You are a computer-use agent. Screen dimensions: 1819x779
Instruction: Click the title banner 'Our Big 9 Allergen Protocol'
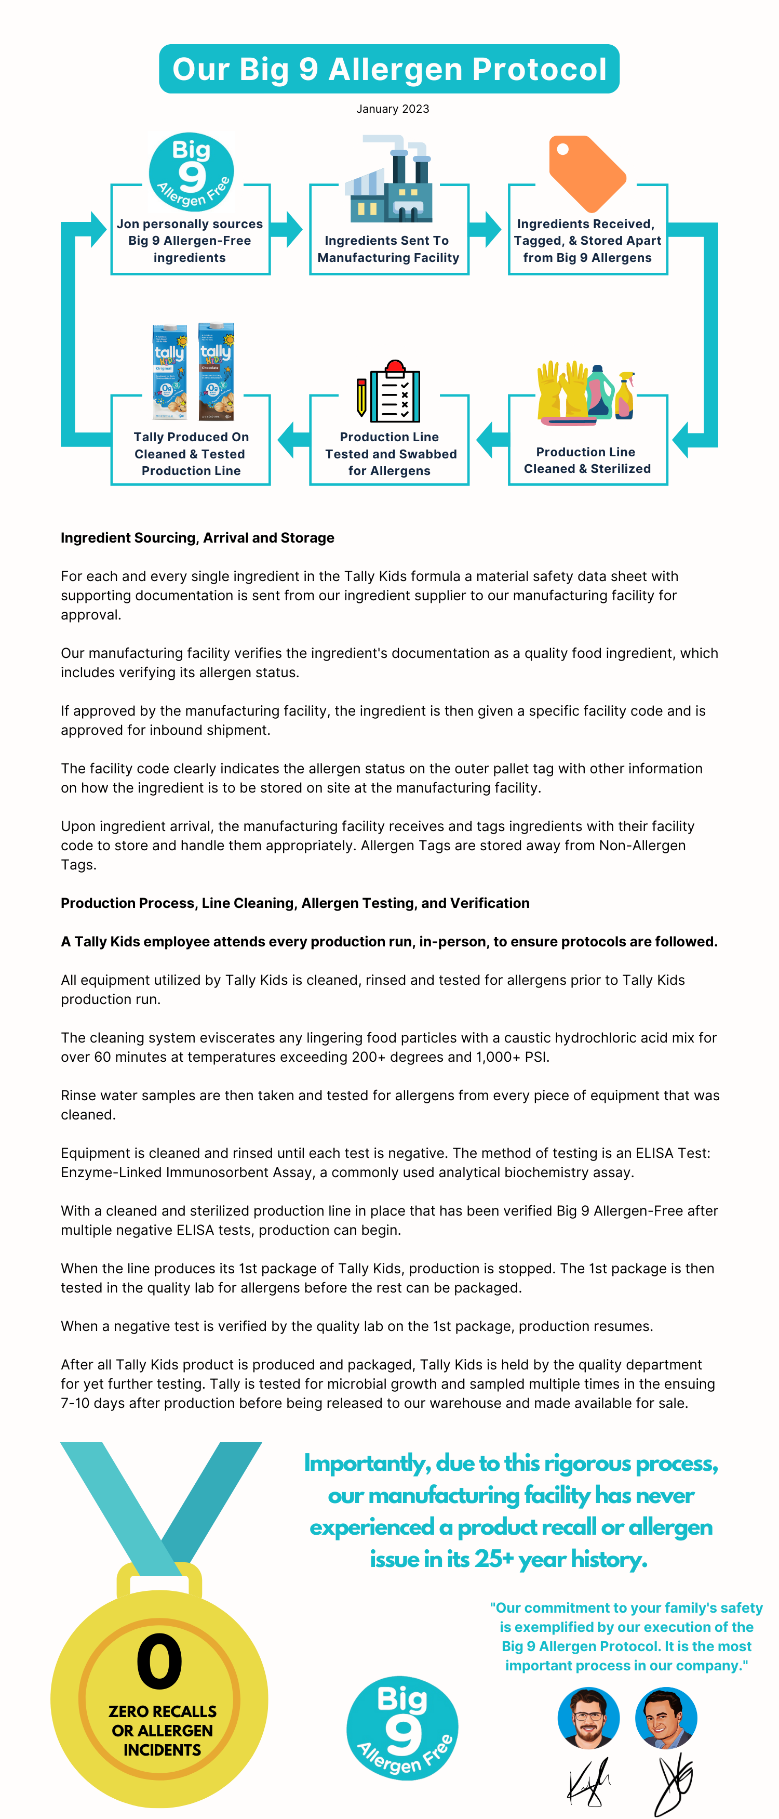(389, 69)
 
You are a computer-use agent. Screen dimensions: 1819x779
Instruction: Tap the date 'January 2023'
(392, 109)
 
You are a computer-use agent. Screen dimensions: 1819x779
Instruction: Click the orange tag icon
(586, 173)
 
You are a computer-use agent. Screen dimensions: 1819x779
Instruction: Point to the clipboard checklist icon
(389, 392)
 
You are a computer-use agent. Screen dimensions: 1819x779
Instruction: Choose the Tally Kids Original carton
(170, 372)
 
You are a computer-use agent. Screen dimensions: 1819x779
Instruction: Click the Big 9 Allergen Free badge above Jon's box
(191, 172)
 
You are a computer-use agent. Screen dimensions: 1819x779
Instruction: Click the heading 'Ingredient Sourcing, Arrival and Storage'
(197, 538)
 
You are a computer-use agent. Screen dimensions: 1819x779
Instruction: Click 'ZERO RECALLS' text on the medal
(162, 1711)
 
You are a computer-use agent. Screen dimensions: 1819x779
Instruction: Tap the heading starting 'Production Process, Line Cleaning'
(295, 903)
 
